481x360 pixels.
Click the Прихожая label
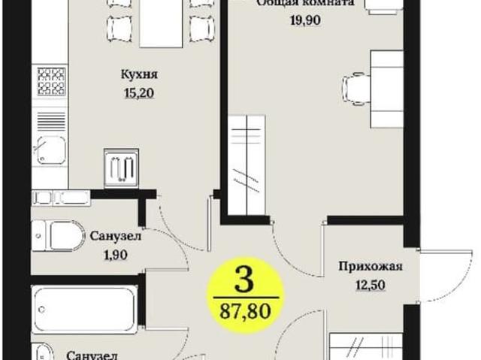(369, 265)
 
